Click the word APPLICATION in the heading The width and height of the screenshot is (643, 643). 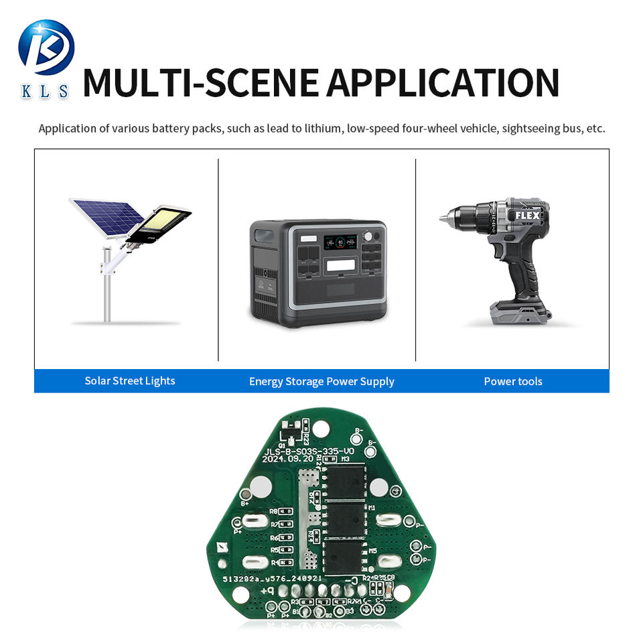point(443,83)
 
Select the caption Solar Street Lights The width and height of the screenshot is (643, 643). point(129,381)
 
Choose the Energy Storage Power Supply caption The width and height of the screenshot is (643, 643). point(321,382)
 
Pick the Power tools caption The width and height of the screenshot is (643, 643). point(513,382)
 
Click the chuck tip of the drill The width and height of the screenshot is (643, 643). point(444,218)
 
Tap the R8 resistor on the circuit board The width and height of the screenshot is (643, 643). point(286,512)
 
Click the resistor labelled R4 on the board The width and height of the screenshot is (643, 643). point(286,562)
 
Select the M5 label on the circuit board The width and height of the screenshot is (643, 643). point(372,551)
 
